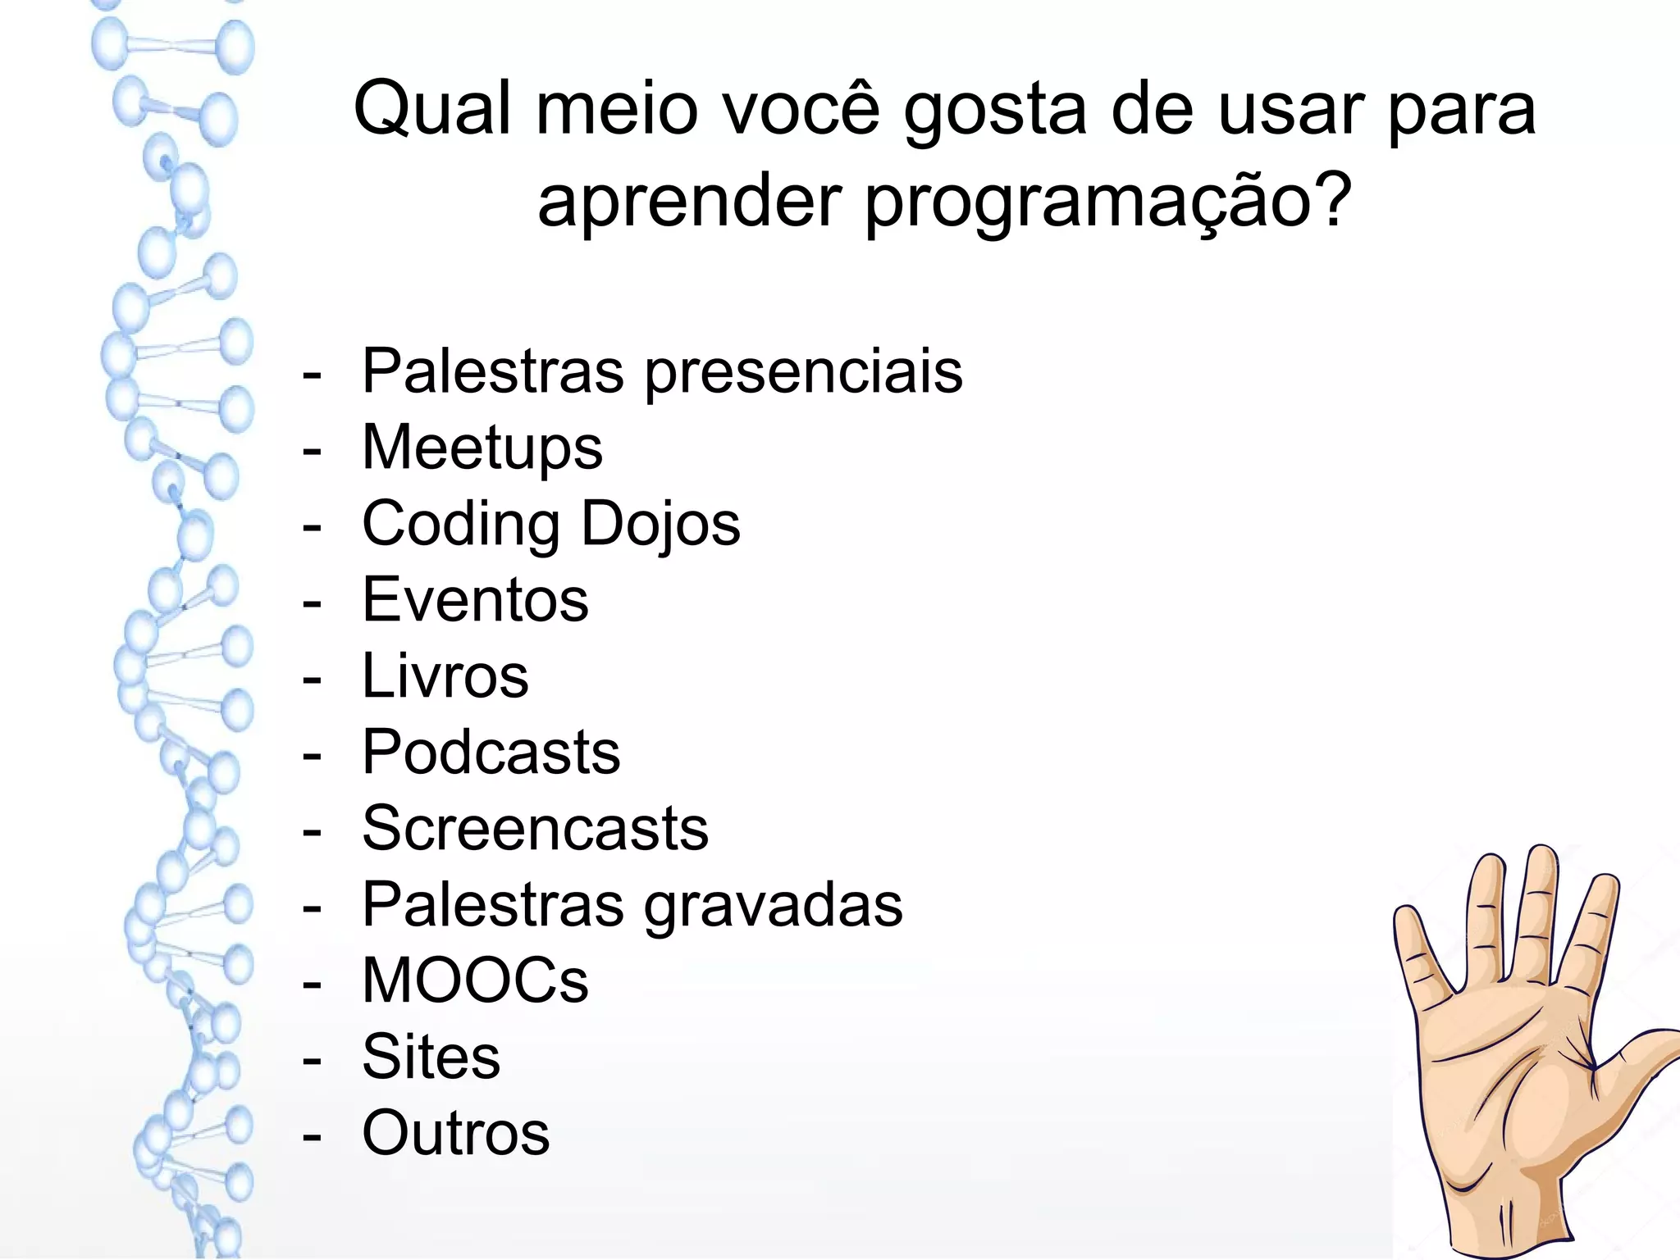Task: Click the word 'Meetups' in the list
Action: click(482, 448)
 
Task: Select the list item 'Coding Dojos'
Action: click(551, 524)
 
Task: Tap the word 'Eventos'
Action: click(476, 599)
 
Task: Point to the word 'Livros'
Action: click(445, 675)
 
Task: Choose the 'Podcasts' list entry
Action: click(491, 752)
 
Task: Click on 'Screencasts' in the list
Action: click(536, 828)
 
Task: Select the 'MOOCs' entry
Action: click(476, 980)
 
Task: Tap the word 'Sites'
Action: click(431, 1057)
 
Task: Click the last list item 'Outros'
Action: click(456, 1133)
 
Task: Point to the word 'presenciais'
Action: click(804, 373)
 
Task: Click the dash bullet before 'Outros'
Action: click(312, 1135)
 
